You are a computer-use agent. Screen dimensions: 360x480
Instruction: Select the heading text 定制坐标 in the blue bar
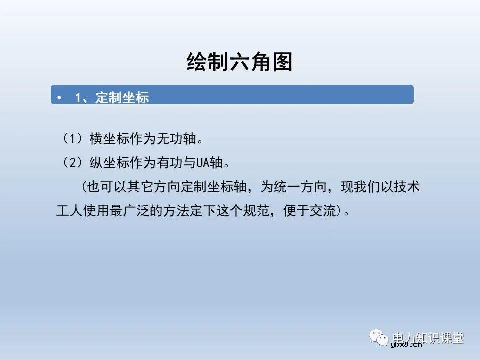(x=122, y=97)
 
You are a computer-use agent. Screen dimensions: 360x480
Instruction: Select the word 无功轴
(x=180, y=139)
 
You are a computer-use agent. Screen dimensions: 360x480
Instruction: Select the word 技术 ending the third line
(x=408, y=187)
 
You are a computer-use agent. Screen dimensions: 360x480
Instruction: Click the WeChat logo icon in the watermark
(x=380, y=338)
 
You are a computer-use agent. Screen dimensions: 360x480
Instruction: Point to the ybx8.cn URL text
(x=406, y=344)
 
